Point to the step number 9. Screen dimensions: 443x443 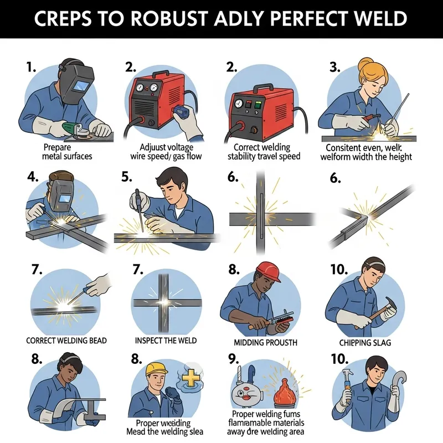coord(234,359)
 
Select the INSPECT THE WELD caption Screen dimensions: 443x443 coord(166,340)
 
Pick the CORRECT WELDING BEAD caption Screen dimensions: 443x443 coord(66,339)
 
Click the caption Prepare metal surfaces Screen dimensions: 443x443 coord(68,152)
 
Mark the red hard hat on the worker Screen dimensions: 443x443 coord(266,270)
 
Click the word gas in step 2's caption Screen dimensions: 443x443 coord(178,157)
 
